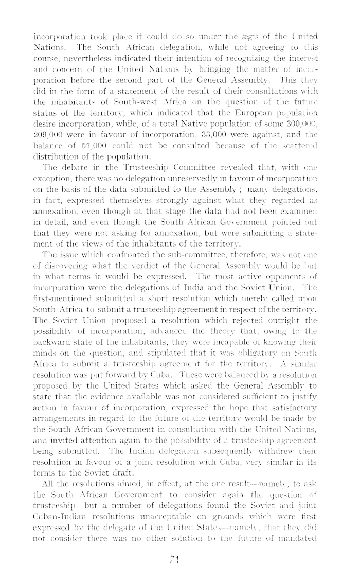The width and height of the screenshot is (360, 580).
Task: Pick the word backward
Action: [51, 345]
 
